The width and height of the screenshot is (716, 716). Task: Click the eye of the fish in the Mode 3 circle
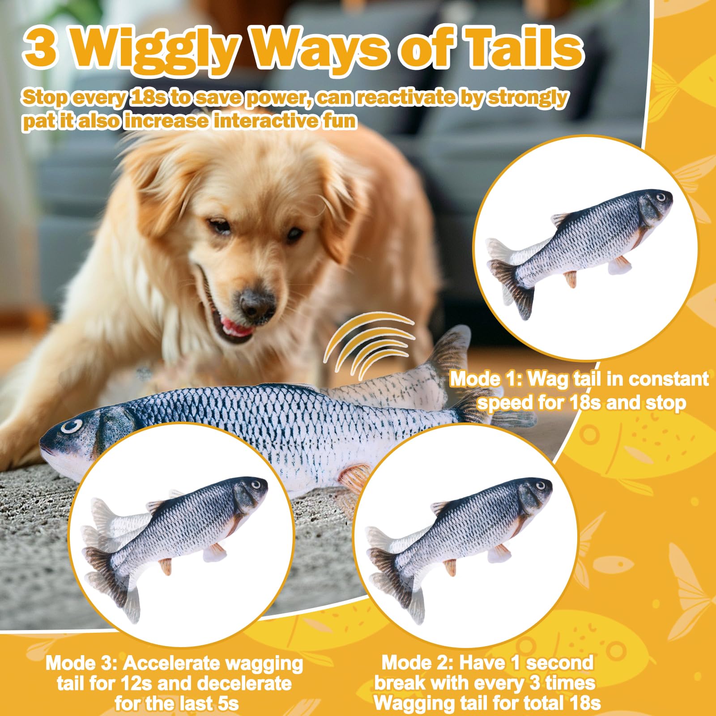(x=256, y=484)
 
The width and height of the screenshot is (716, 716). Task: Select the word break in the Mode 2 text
(x=400, y=683)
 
